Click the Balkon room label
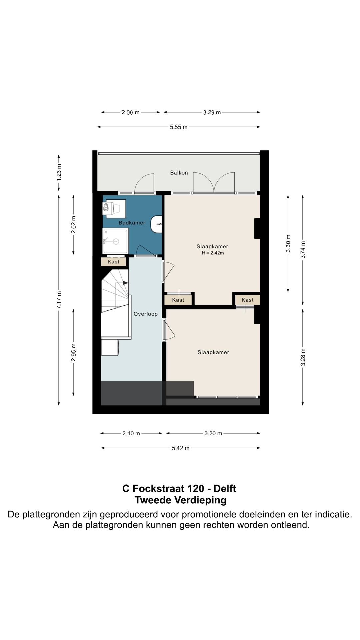click(x=179, y=173)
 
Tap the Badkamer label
click(x=132, y=223)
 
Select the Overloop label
click(x=146, y=314)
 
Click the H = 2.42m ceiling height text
click(x=213, y=253)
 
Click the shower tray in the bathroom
click(x=115, y=241)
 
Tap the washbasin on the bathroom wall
click(x=156, y=224)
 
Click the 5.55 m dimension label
click(x=179, y=127)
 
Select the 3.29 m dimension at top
click(x=212, y=112)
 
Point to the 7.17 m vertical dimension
click(x=59, y=300)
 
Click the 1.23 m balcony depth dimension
click(x=59, y=173)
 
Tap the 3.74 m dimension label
click(x=303, y=250)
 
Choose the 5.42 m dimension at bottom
click(x=181, y=448)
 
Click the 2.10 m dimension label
click(x=131, y=433)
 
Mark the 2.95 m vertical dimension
click(x=74, y=352)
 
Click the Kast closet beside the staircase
click(x=114, y=262)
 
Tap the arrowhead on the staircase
click(x=126, y=283)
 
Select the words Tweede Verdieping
click(x=181, y=500)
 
